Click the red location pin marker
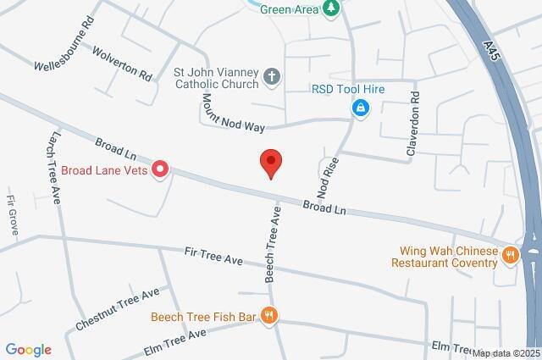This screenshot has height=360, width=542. tap(270, 162)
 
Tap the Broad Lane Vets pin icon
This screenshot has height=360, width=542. tap(159, 170)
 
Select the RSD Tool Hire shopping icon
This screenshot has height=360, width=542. tap(361, 108)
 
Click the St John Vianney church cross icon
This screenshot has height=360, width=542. tap(271, 78)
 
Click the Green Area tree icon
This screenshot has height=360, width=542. tap(333, 8)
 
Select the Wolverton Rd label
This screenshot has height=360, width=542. tap(123, 64)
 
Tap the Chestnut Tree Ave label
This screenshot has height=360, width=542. tap(117, 309)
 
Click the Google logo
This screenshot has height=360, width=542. tap(28, 349)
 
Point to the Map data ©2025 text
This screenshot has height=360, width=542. tap(506, 353)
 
